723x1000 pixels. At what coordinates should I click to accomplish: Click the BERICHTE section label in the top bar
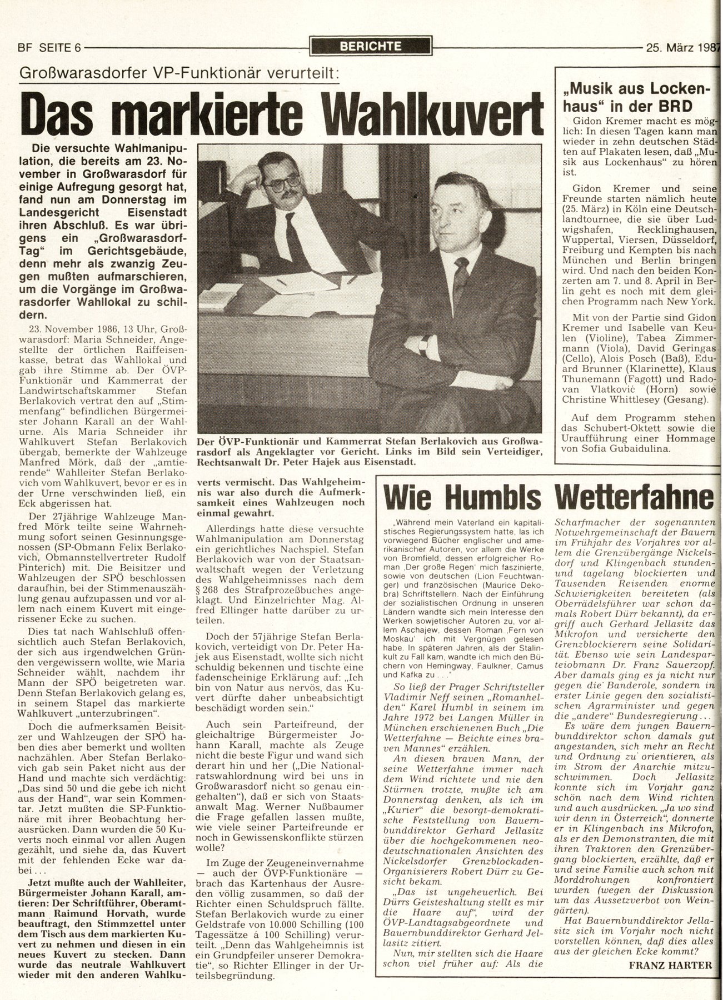[x=371, y=47]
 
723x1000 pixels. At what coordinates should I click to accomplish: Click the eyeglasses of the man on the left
[x=284, y=183]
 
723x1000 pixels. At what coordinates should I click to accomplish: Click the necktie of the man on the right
[x=461, y=279]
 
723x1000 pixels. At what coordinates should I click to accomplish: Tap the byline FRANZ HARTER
[x=670, y=964]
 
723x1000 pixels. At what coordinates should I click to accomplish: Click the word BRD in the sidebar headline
[x=678, y=106]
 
